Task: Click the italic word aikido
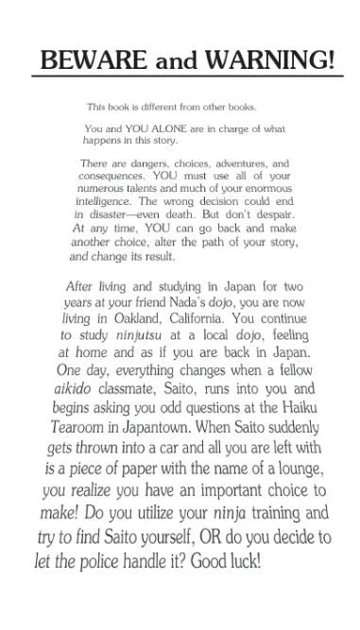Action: [x=85, y=408]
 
